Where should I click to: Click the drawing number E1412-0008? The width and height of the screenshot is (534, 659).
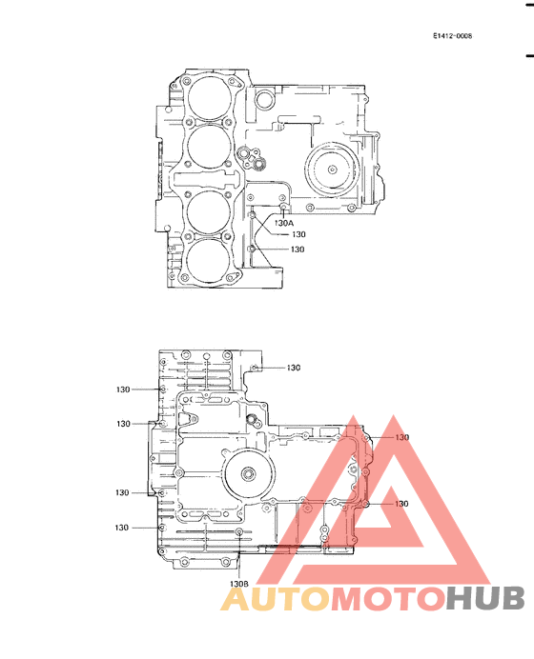coord(452,36)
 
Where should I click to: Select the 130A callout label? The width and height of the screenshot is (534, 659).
coord(284,223)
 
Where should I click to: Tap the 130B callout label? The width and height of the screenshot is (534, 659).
coord(238,583)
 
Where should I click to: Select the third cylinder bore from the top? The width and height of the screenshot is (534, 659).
coord(209,212)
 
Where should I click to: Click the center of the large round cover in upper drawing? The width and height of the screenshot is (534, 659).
coord(331,169)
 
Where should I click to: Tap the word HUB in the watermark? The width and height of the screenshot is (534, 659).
coord(485,599)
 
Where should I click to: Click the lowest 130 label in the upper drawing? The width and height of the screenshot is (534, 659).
coord(298,250)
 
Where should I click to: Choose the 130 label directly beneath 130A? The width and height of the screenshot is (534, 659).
coord(298,234)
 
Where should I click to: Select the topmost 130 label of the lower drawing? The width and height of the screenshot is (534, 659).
coord(294,368)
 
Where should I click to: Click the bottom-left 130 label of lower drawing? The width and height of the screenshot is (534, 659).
coord(122,528)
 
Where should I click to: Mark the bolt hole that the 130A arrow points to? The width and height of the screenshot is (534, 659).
coord(283,206)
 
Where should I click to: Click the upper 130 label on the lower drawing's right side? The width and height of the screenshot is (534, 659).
coord(402,437)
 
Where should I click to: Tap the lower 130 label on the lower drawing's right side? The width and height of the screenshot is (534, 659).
coord(402,503)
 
